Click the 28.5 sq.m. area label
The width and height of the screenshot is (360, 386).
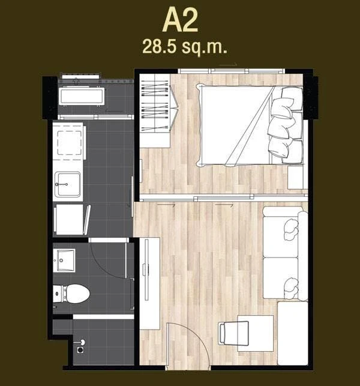[185, 47]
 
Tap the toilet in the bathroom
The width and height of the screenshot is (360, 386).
[71, 294]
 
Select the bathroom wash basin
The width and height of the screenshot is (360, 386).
[64, 261]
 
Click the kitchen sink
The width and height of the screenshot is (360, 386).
[67, 184]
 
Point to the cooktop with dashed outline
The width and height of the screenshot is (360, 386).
[70, 143]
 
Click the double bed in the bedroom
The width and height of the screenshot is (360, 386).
[250, 125]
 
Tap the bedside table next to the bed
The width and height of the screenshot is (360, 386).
[296, 177]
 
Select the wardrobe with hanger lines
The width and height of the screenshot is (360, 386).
[155, 111]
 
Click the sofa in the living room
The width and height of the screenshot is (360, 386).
[285, 253]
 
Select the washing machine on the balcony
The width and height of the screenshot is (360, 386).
[82, 96]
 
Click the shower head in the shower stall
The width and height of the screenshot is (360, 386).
[82, 342]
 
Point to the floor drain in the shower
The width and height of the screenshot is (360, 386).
[80, 350]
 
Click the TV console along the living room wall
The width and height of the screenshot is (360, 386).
[149, 283]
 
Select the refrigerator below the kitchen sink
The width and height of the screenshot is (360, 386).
[70, 219]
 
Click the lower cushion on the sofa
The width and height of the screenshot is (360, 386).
[291, 288]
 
